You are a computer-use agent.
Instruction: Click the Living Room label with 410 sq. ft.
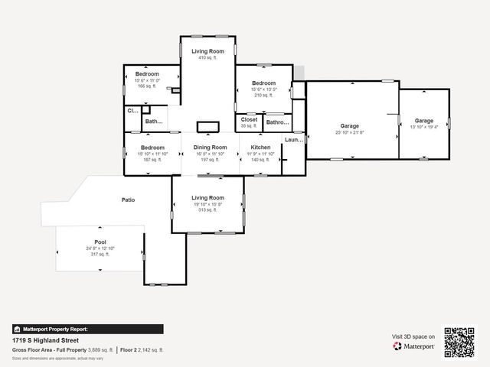point(208,51)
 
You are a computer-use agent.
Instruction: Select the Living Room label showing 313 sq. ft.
point(207,198)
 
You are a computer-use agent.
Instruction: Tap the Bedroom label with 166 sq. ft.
point(146,74)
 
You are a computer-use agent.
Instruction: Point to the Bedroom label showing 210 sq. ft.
point(263,83)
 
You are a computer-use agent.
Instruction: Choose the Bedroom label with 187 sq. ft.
point(152,148)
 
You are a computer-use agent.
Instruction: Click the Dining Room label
point(210,148)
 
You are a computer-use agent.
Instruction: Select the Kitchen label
point(260,148)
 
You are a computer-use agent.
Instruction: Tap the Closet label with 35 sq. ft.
point(249,119)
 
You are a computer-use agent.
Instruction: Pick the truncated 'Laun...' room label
point(294,140)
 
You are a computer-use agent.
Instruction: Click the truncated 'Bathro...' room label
point(277,122)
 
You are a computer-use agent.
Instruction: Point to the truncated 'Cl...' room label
point(132,111)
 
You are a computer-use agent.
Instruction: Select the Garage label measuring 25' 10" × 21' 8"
point(349,126)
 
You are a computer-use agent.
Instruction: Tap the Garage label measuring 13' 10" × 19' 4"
point(423,121)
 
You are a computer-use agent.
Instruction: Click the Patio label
point(128,200)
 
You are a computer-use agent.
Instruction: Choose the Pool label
point(100,241)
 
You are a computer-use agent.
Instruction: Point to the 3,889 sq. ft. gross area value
point(101,349)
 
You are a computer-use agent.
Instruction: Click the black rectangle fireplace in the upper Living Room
point(207,127)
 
